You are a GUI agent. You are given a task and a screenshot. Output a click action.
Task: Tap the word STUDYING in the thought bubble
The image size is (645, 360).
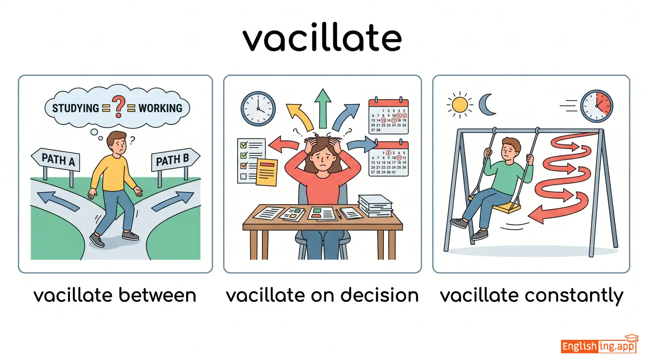tap(76, 108)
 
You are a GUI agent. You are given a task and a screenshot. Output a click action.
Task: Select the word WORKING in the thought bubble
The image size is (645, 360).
tap(161, 108)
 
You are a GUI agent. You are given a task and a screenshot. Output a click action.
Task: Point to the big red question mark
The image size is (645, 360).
tap(119, 106)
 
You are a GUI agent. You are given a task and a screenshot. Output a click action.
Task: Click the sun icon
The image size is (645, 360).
tap(460, 105)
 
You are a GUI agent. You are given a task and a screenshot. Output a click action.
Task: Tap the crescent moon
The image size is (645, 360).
tap(487, 104)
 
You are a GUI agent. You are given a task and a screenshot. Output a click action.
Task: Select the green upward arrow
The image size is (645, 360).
tap(323, 108)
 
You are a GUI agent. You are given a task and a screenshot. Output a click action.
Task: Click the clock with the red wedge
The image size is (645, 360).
tap(597, 106)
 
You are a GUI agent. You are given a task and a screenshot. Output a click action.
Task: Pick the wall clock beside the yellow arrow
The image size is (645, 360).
tap(258, 108)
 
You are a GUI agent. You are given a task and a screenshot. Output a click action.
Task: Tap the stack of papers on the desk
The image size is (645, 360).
tap(375, 206)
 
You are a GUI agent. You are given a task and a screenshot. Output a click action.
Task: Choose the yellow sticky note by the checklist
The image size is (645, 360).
tap(267, 172)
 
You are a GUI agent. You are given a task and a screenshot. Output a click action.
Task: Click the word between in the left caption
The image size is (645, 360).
tap(157, 296)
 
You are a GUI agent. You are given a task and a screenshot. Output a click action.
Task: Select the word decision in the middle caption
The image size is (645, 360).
tap(380, 296)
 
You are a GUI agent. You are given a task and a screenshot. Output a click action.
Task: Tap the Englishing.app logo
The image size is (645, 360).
tap(599, 345)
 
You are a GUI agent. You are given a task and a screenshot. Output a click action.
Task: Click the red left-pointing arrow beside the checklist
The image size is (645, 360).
tap(284, 145)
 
